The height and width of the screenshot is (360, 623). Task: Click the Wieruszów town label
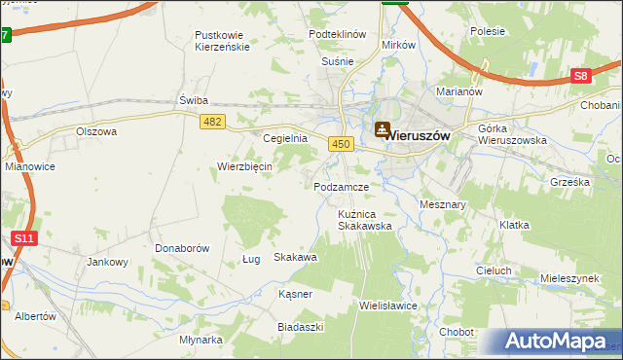point(418,136)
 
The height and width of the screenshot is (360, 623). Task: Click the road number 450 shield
point(340,144)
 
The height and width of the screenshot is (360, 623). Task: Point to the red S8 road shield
point(581,75)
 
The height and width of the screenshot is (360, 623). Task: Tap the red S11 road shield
point(24,237)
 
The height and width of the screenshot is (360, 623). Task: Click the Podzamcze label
point(340,186)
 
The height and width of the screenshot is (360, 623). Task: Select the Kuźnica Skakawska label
point(364,219)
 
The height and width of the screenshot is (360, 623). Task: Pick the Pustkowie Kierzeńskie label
point(223,40)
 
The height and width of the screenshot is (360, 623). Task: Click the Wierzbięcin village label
point(244,165)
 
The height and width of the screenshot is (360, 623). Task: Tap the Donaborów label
point(182,248)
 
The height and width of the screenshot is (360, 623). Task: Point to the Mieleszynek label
point(568,278)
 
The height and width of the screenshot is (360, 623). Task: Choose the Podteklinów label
point(337,34)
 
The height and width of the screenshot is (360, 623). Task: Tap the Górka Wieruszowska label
point(512,134)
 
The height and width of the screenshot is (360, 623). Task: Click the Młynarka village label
point(202,340)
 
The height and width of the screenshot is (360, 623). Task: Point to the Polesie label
point(487,31)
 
